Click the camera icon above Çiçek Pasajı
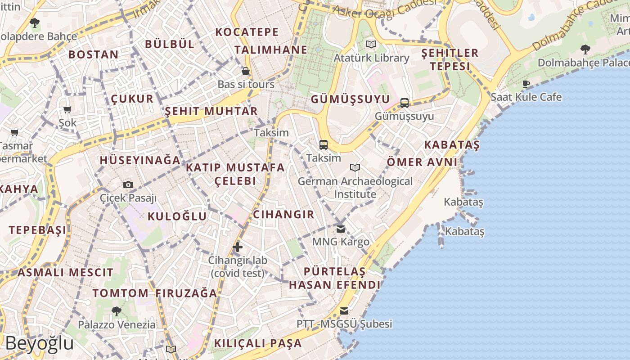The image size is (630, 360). tap(128, 184)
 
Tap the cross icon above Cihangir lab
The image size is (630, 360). tap(238, 247)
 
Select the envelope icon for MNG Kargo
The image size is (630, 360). tap(341, 229)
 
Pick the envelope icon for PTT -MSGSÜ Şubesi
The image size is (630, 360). tap(344, 310)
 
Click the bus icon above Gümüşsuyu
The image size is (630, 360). tap(405, 103)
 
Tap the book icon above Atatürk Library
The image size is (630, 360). tap(371, 44)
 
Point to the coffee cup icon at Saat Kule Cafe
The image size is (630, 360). tap(526, 84)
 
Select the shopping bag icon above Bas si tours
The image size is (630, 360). tap(246, 71)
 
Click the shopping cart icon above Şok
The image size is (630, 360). tap(67, 109)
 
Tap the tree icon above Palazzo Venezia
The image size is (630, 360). tap(117, 310)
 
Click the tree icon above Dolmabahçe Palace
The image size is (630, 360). tap(585, 49)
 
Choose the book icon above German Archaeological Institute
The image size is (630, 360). tap(355, 168)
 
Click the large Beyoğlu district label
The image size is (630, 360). tap(40, 343)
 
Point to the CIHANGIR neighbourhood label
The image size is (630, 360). tap(283, 214)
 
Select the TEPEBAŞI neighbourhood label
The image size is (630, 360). tap(37, 230)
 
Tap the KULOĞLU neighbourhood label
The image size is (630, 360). tap(177, 216)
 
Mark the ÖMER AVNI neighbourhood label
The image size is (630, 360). tap(422, 162)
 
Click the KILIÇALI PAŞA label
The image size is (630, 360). tap(258, 343)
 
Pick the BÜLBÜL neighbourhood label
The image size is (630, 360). tap(170, 44)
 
